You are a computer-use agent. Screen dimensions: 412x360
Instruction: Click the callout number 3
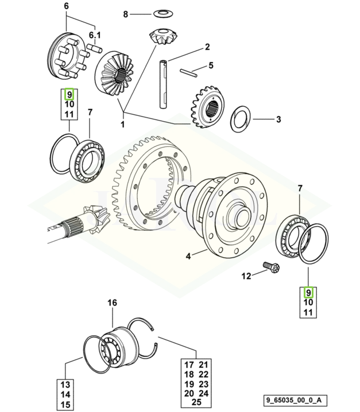[278, 119]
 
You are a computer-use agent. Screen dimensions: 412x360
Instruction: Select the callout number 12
[246, 277]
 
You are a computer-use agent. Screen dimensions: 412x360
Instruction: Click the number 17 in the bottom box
[188, 364]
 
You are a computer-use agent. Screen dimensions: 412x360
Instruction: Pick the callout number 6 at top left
[66, 6]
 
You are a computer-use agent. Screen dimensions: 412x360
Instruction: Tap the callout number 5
[210, 65]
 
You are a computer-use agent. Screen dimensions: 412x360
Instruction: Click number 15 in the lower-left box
[66, 405]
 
